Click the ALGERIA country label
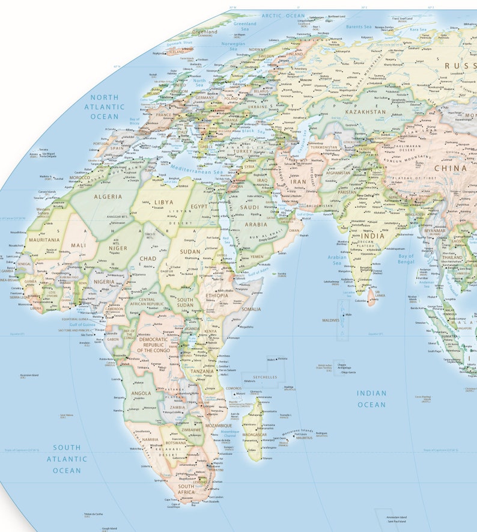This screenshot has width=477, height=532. click(108, 197)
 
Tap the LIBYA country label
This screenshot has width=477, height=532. click(163, 203)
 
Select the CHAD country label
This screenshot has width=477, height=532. click(148, 258)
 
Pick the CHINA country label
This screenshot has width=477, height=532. click(450, 168)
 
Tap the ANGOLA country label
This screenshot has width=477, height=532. click(141, 394)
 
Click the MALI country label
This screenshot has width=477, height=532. click(78, 245)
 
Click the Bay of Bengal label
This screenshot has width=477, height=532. click(406, 260)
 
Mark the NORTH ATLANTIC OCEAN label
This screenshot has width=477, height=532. click(105, 106)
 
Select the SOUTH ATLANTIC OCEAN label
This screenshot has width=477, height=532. click(67, 459)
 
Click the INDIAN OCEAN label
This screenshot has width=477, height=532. click(371, 399)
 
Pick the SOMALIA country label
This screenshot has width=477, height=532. click(251, 309)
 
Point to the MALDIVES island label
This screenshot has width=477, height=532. click(331, 320)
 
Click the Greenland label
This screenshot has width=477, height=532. click(205, 31)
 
